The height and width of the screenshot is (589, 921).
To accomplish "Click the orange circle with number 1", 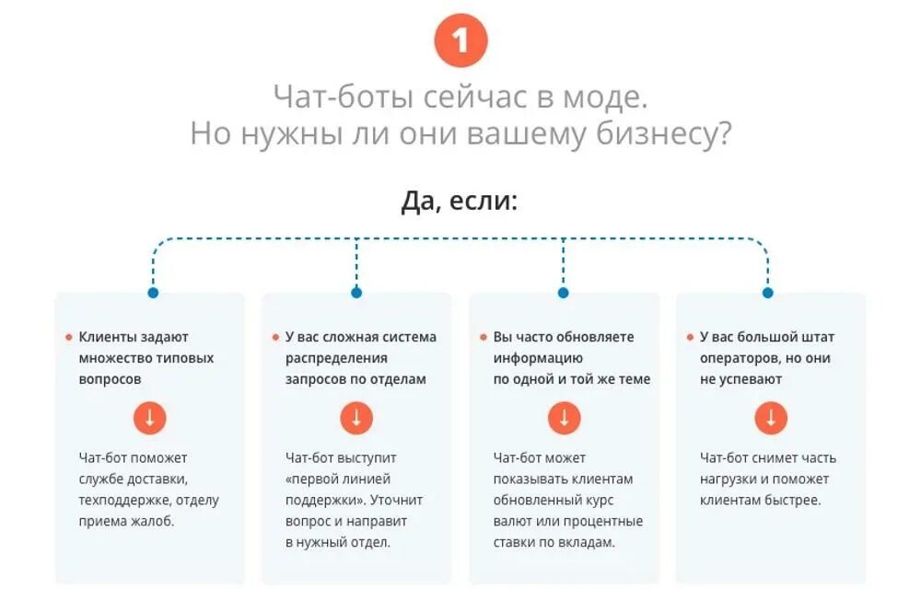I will [460, 41].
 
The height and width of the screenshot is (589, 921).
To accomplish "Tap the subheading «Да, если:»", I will [460, 201].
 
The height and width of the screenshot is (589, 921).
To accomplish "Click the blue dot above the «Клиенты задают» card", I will [153, 293].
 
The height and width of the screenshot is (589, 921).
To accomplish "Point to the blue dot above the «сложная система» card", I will [356, 293].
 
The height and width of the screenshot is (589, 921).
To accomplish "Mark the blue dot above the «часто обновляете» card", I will [564, 293].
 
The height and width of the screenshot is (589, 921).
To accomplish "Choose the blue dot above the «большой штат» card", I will [768, 293].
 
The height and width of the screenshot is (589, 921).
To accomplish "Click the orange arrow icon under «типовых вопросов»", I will [149, 418].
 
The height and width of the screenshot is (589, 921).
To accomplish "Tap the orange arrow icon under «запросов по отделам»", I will [356, 418].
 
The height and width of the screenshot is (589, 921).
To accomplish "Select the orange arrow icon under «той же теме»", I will [564, 418].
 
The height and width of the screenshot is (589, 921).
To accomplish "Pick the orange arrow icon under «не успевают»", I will [770, 418].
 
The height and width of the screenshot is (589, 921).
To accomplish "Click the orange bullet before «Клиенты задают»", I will [69, 338].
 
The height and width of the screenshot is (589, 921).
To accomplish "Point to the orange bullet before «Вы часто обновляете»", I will [483, 338].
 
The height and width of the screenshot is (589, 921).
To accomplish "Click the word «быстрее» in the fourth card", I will [792, 501].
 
